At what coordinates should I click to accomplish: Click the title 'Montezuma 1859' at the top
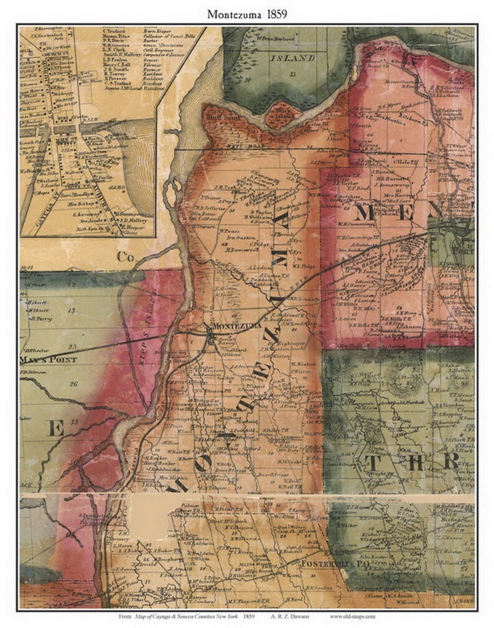[x=247, y=12]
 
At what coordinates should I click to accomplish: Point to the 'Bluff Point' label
[x=217, y=116]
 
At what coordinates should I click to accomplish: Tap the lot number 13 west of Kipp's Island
[x=72, y=310]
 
